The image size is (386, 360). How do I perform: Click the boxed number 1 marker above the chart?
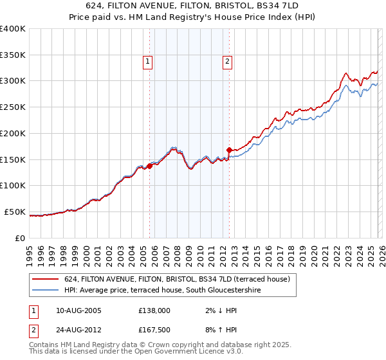coord(147,62)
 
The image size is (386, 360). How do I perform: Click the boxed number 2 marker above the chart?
coord(228,62)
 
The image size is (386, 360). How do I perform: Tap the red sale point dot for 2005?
coord(149,166)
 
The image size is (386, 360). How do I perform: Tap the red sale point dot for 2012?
coord(230,150)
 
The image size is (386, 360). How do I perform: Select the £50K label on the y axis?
coord(15,212)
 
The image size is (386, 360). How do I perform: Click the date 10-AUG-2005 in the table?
coord(79,310)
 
